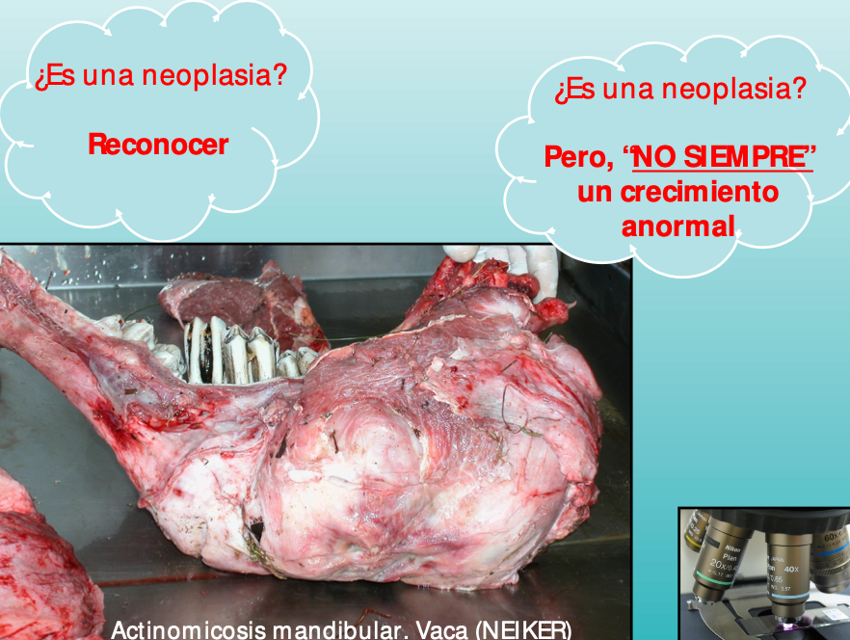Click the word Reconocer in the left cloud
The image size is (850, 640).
[x=158, y=145]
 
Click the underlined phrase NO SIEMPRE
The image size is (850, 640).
[x=720, y=157]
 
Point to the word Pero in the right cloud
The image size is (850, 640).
[x=579, y=158]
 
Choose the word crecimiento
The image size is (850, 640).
[x=700, y=192]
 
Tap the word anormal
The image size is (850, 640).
[x=678, y=227]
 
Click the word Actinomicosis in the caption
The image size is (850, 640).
[x=189, y=630]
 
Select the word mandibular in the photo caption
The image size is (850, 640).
[x=340, y=630]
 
